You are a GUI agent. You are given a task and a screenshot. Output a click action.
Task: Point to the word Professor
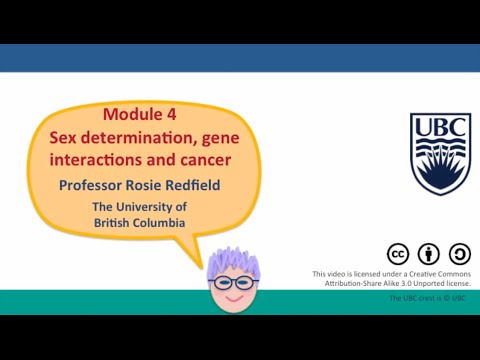[x=98, y=185]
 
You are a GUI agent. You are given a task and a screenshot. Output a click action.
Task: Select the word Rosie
[x=159, y=185]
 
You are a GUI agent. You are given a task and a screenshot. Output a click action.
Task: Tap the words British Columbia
[x=139, y=222]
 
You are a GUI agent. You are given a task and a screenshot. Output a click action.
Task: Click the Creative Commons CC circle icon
[x=397, y=254]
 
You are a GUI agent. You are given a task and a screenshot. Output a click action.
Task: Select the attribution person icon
[x=428, y=254]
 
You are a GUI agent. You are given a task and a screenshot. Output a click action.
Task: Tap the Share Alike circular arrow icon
[x=459, y=254]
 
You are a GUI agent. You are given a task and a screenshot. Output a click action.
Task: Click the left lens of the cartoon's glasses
[x=223, y=284]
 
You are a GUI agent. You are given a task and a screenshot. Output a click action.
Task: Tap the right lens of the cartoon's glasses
[x=248, y=284]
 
